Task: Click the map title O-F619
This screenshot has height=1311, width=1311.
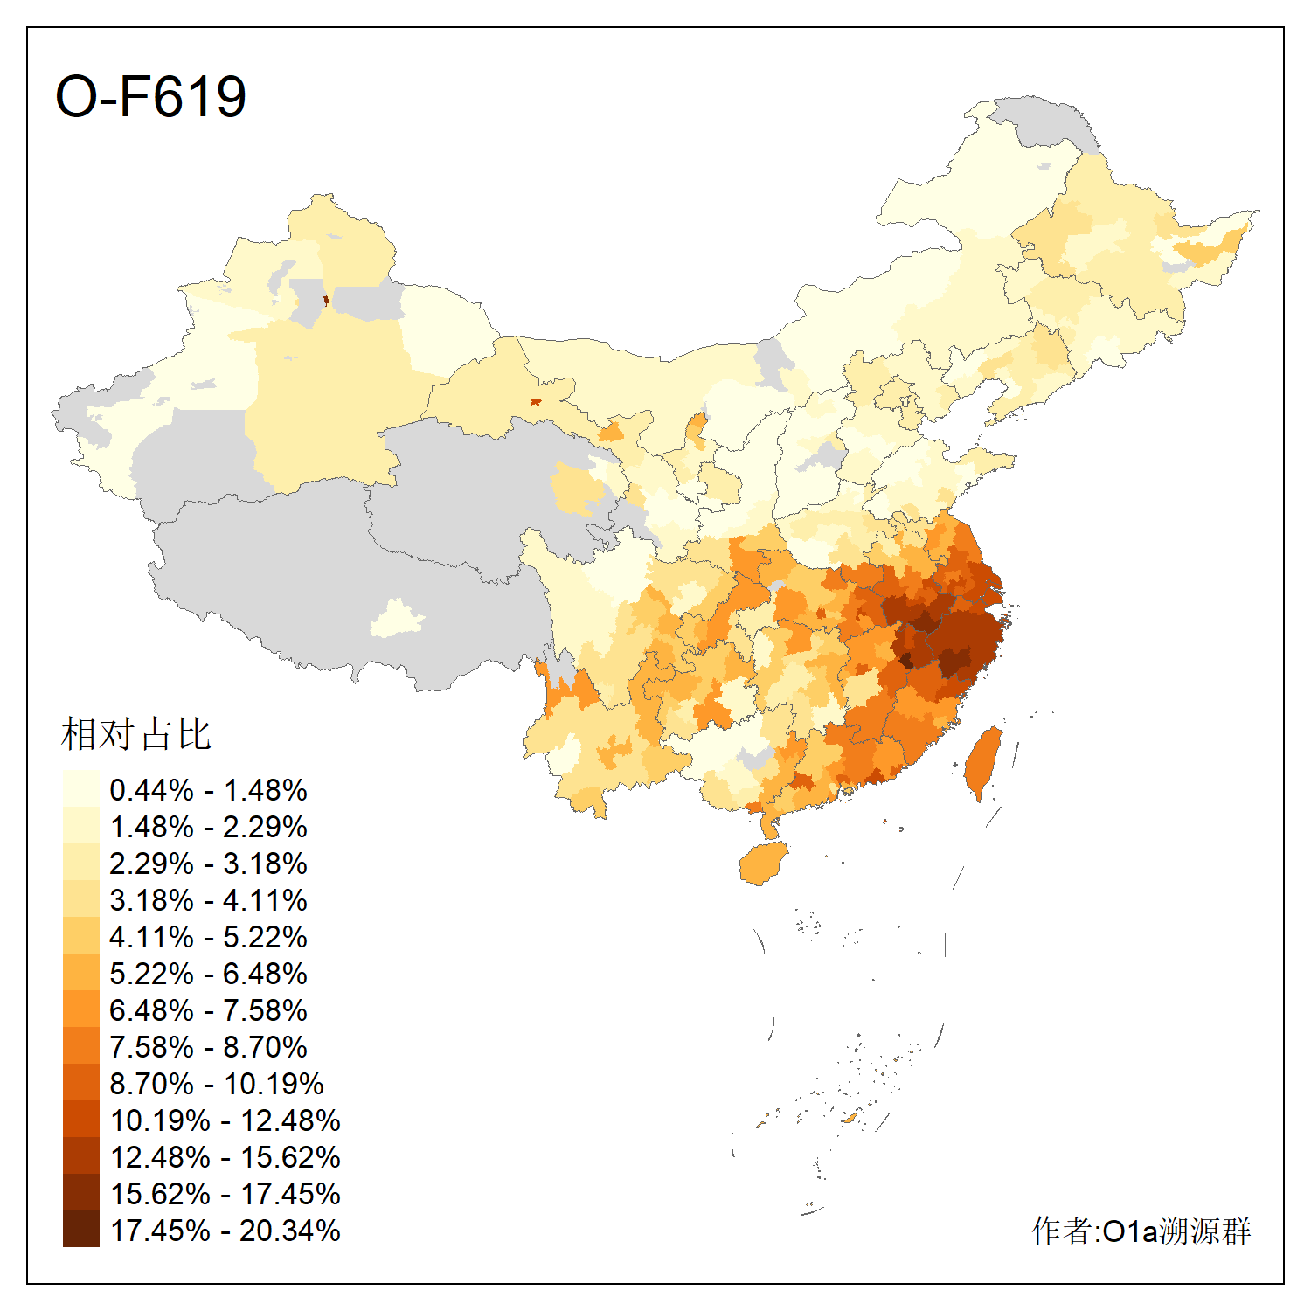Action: [x=150, y=96]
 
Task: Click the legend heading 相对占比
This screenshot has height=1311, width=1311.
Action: [x=136, y=734]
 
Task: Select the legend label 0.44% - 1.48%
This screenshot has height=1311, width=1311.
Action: [x=208, y=790]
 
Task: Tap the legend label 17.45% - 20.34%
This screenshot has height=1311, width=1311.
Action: [x=225, y=1231]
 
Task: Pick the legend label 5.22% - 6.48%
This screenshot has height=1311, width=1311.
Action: [x=208, y=974]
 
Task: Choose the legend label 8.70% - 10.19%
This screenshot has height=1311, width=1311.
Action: [x=217, y=1084]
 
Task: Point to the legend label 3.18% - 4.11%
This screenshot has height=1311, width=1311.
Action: [x=208, y=900]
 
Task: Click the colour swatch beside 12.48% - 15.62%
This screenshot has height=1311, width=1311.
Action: [x=80, y=1156]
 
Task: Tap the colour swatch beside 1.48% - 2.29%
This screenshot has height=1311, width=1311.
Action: [x=80, y=826]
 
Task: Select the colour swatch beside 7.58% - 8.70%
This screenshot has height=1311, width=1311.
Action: [x=80, y=1046]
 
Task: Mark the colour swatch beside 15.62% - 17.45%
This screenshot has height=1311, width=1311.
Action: [x=80, y=1193]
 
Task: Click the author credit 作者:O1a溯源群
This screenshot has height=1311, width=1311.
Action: [x=1141, y=1231]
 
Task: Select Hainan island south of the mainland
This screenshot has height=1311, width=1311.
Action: [x=763, y=864]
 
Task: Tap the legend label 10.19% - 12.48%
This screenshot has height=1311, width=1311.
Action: [x=225, y=1120]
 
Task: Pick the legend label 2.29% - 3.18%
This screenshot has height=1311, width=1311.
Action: [x=208, y=864]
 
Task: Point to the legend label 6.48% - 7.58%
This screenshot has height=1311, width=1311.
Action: [x=208, y=1010]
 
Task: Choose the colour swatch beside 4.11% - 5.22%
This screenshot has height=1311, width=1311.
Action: [x=80, y=936]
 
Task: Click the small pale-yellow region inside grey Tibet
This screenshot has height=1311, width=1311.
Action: [x=396, y=619]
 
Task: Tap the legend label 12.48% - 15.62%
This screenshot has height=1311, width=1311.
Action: [x=225, y=1157]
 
